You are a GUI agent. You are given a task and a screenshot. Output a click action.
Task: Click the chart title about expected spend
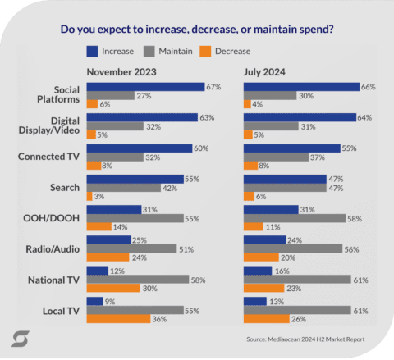[197, 30]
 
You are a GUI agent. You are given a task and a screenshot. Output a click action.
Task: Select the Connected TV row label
[53, 156]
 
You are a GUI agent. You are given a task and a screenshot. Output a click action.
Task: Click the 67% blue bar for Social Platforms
[144, 86]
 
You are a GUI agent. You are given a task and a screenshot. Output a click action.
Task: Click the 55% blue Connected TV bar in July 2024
[291, 148]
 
